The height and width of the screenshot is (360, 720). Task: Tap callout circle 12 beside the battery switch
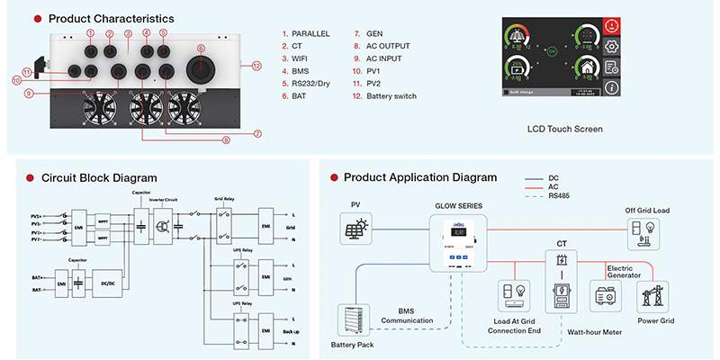tap(256, 66)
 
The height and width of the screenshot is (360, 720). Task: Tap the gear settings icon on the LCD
tap(612, 46)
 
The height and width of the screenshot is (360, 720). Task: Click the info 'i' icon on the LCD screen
tap(612, 87)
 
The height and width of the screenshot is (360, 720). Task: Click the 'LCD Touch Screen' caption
tap(564, 129)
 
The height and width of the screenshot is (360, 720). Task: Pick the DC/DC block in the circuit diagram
tap(107, 282)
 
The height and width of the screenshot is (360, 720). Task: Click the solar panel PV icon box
tap(353, 230)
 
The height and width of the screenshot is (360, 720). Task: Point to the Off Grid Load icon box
tap(648, 231)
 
